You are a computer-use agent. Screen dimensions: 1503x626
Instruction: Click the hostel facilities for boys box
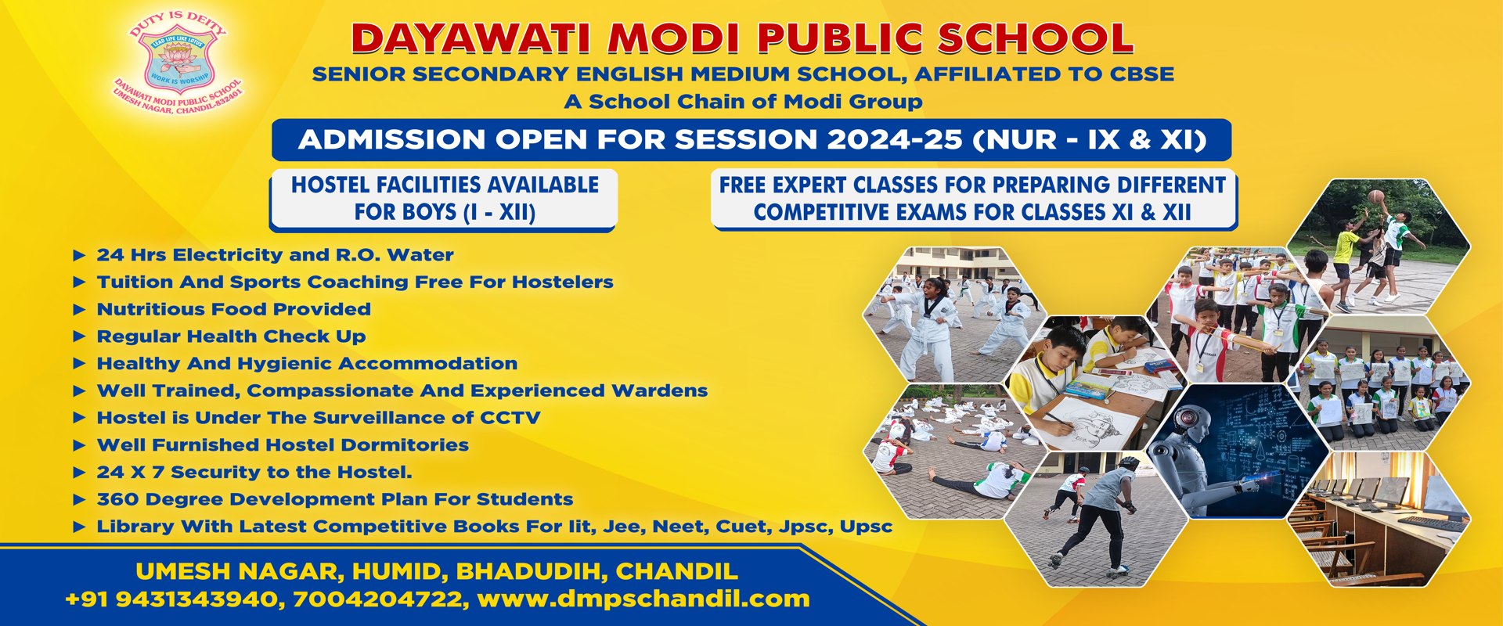pyautogui.click(x=444, y=200)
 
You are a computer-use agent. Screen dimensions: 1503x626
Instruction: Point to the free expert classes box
pyautogui.click(x=973, y=199)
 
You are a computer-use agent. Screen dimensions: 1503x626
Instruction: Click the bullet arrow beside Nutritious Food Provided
pyautogui.click(x=78, y=310)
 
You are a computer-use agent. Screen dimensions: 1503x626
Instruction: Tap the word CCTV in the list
pyautogui.click(x=510, y=418)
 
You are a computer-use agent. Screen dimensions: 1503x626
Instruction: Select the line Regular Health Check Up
pyautogui.click(x=231, y=336)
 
